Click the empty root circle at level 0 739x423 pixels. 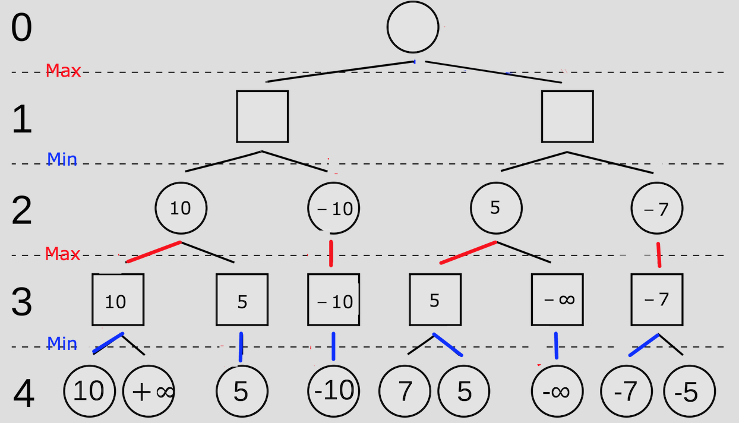click(x=413, y=27)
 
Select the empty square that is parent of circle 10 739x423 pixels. click(x=262, y=116)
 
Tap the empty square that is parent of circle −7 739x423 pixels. click(x=567, y=116)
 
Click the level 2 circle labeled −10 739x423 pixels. click(x=334, y=209)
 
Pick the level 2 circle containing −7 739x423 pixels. click(x=656, y=209)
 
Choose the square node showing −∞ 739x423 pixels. click(x=557, y=299)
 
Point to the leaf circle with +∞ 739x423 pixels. click(x=149, y=392)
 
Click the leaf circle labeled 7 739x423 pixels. click(x=405, y=392)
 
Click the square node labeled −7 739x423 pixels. click(x=656, y=299)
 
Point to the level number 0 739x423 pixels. click(x=21, y=28)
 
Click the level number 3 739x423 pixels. click(x=22, y=302)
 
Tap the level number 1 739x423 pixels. click(x=22, y=120)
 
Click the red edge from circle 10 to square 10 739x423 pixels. click(x=153, y=252)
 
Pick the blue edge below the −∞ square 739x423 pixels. click(x=556, y=345)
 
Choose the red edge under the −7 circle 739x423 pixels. click(x=658, y=255)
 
